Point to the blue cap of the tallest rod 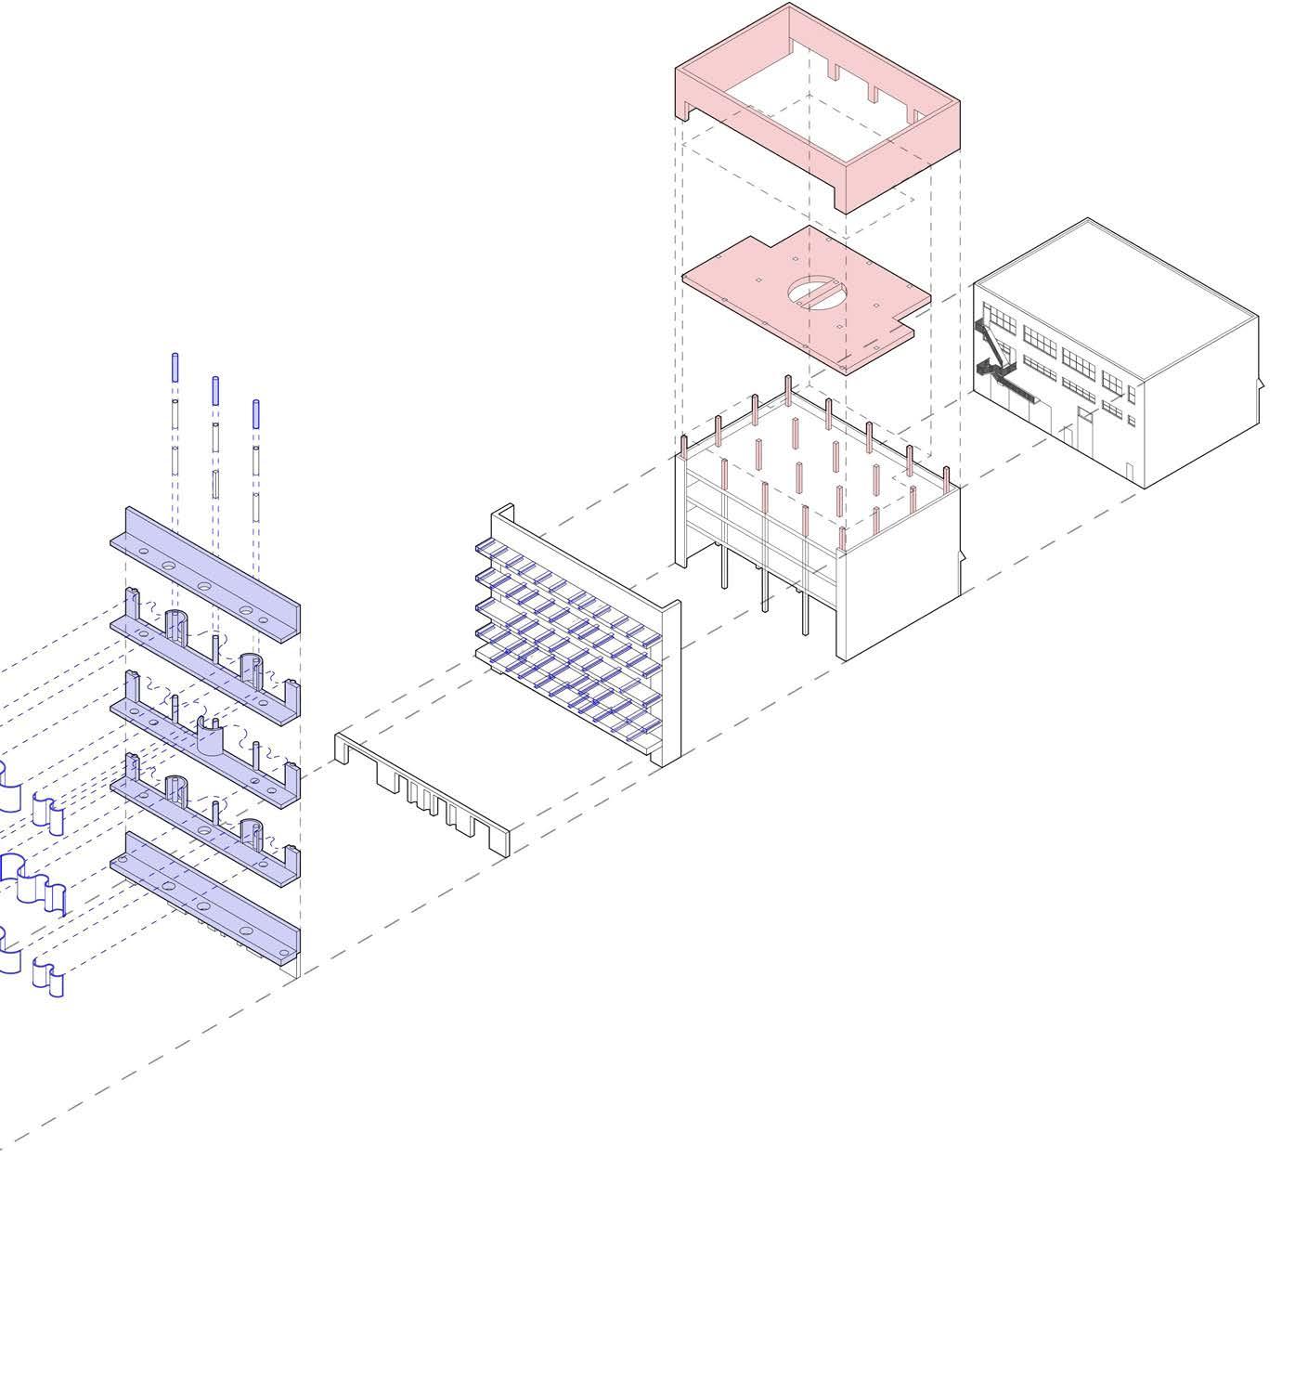[x=174, y=367]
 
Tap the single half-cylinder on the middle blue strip [x=212, y=736]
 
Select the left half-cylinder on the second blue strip [x=176, y=624]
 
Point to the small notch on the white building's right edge [x=1261, y=384]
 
